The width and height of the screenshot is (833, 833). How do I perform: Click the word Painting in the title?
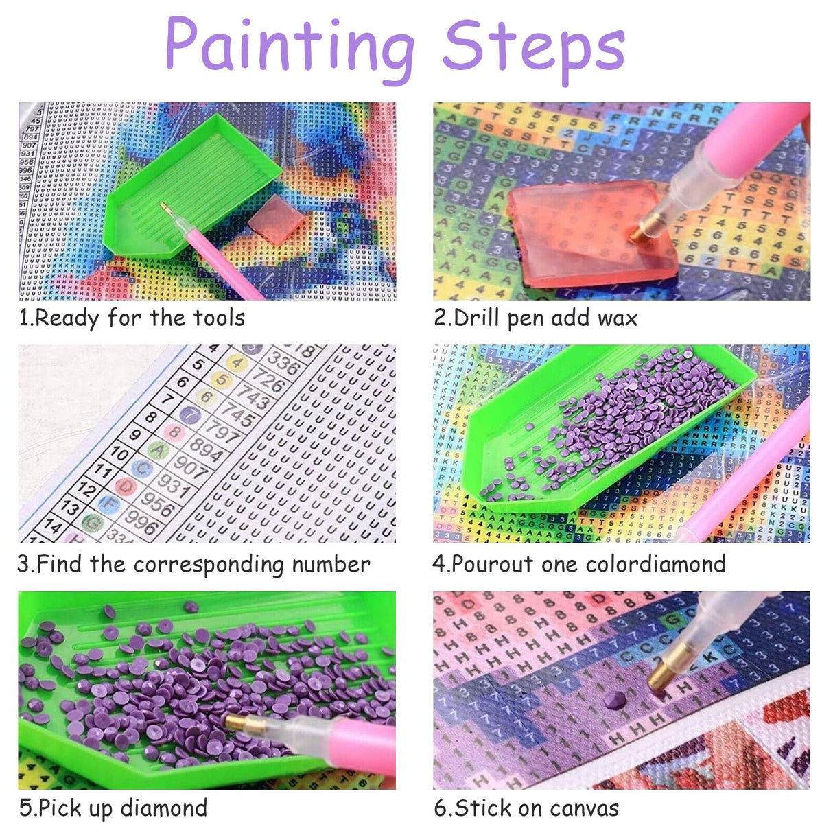289,45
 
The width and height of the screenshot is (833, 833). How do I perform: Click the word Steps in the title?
533,47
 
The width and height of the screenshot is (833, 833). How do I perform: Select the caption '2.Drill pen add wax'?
535,318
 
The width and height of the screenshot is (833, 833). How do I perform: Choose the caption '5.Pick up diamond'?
113,808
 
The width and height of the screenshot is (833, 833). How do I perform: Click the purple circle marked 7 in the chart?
190,414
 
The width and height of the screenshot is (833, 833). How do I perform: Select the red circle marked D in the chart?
126,486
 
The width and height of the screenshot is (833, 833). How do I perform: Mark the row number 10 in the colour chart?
119,454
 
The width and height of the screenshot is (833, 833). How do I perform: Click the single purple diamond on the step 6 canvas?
615,701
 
